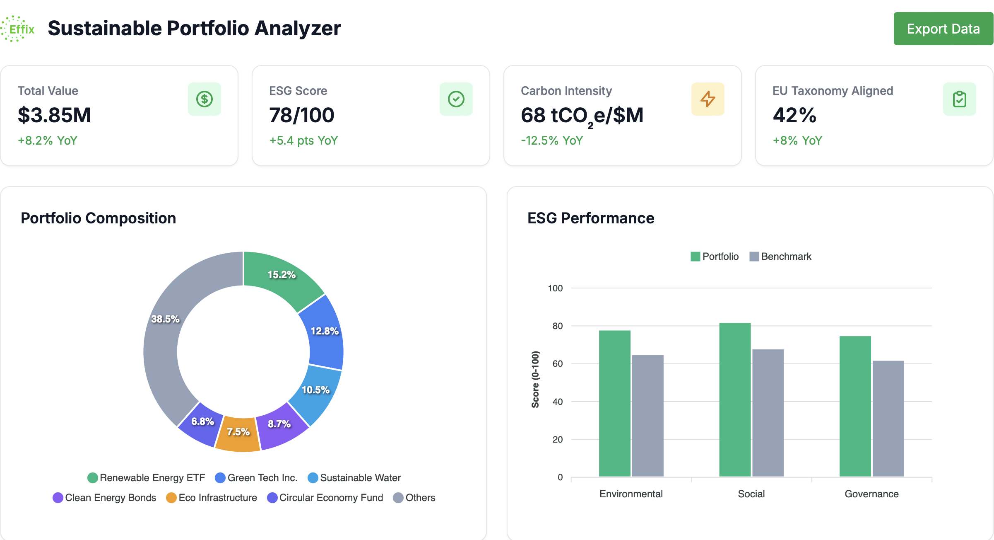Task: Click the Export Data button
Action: pos(943,29)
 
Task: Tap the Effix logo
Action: pos(18,29)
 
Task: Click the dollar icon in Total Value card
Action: pos(204,99)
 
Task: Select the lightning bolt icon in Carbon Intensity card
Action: pos(707,99)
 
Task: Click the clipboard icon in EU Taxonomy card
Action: pos(959,99)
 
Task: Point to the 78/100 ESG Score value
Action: pos(301,115)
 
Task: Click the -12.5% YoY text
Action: pos(551,140)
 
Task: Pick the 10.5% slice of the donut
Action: pos(317,392)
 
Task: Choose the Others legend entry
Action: pos(414,498)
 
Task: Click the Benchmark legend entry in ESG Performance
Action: pos(780,257)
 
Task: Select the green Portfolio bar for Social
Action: pos(735,400)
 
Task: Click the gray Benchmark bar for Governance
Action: pos(888,419)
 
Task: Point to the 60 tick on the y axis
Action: pos(557,364)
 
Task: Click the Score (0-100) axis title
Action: pos(535,379)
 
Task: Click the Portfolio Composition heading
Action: pos(98,218)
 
